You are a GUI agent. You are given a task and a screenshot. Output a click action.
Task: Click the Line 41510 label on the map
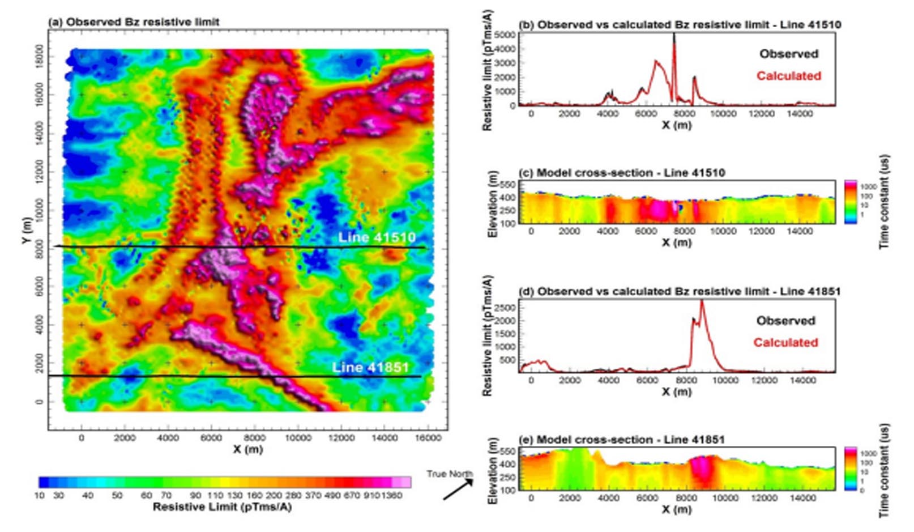click(377, 237)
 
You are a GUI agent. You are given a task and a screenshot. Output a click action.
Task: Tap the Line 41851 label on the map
click(370, 367)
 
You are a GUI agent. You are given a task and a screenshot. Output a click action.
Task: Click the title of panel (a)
click(134, 22)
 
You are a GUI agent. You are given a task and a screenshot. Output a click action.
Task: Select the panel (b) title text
click(680, 25)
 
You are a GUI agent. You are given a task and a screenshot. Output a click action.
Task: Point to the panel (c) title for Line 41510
click(622, 173)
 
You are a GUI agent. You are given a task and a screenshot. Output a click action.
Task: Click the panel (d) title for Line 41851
click(680, 292)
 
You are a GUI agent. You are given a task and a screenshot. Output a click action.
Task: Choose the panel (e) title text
click(622, 440)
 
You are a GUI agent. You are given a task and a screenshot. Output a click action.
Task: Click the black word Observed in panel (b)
click(789, 54)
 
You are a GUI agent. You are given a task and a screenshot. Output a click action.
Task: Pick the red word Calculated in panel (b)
click(789, 76)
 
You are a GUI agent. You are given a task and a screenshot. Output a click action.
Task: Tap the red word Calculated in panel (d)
click(785, 343)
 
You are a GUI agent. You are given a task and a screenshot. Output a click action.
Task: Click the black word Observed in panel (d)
click(785, 321)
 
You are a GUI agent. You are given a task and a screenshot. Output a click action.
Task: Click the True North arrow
click(458, 490)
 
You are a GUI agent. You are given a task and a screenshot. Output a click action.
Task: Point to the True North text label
click(450, 474)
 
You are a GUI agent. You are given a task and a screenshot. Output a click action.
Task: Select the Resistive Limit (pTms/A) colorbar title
click(222, 507)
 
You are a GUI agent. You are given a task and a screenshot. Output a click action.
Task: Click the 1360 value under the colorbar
click(391, 496)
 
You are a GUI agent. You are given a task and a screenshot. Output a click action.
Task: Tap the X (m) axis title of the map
click(247, 449)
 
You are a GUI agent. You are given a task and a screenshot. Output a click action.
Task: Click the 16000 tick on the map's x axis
click(428, 438)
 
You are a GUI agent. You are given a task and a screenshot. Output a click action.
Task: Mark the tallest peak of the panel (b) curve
click(674, 36)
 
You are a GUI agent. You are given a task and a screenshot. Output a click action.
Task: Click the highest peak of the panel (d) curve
click(702, 301)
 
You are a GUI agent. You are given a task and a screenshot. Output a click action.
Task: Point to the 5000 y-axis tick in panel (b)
click(505, 35)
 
